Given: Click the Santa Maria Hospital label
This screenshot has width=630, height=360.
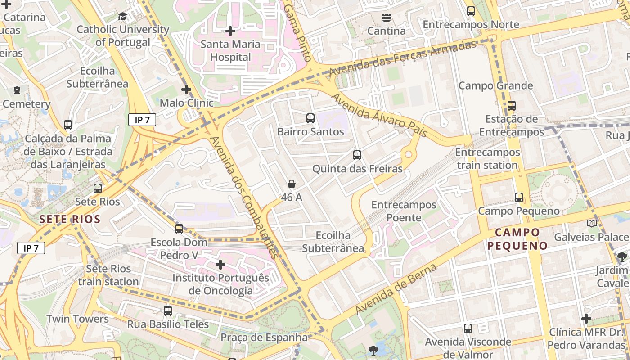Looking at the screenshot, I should pos(230,50).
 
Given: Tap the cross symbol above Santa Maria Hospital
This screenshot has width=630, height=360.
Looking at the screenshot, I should pos(230,31).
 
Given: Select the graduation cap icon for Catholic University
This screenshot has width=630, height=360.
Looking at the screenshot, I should pos(122,17).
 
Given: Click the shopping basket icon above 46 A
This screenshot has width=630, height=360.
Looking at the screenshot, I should pos(292,184).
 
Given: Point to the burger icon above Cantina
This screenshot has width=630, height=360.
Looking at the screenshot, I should pos(386,18).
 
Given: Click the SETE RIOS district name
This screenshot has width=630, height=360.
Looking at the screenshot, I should pos(69,220).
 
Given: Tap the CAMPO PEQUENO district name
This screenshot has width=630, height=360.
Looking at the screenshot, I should pos(517,239).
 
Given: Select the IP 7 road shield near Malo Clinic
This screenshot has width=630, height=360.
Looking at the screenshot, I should pos(142,120).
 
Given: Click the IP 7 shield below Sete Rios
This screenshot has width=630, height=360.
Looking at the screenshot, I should pos(31,248).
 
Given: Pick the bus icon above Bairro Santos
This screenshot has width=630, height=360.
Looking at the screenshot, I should pos(310,118).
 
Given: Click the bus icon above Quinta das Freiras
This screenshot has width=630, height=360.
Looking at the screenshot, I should pos(357,155).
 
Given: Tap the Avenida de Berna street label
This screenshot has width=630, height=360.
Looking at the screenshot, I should pos(396,289).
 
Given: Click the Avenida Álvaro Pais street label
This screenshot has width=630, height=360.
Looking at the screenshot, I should pos(379,112).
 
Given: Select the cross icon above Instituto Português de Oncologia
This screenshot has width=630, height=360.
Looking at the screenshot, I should pos(220,265).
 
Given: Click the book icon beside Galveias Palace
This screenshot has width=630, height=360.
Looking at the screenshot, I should pos(591,224).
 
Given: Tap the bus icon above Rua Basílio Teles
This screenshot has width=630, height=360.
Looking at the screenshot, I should pos(167,310).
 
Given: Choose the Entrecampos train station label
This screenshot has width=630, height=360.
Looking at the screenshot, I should pos(487,159).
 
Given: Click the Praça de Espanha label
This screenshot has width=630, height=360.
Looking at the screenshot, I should pos(264,337).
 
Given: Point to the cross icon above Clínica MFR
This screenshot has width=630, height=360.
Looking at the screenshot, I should pos(586,319).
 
